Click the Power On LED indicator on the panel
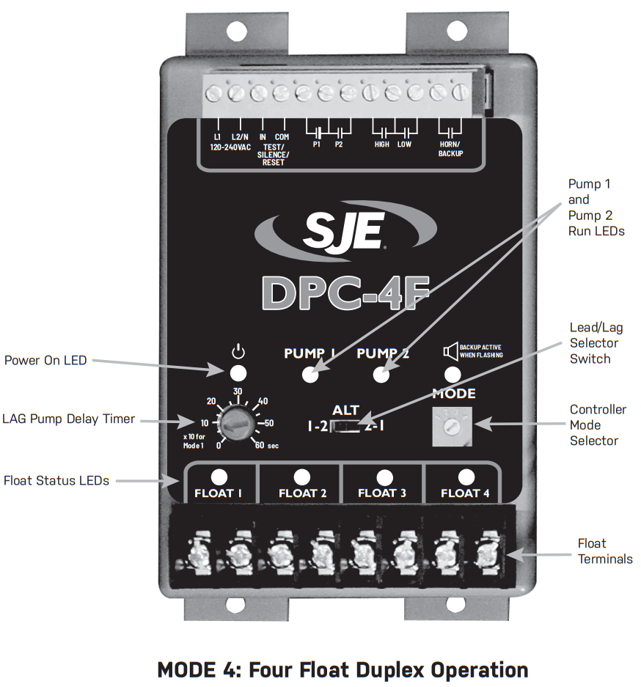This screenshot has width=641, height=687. tap(238, 372)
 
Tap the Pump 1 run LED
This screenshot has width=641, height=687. tap(310, 375)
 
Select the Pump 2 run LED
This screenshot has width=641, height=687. tap(380, 375)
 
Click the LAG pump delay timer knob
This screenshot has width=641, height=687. tap(237, 422)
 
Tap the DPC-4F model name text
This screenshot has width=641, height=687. tap(345, 291)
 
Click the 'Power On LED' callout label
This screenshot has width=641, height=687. tap(45, 360)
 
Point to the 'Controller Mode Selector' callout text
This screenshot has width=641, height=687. tap(598, 425)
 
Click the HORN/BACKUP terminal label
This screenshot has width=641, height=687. tap(450, 149)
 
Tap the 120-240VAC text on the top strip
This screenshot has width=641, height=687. tap(230, 146)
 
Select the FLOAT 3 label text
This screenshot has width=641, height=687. tap(381, 493)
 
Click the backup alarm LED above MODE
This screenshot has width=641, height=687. tap(453, 374)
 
